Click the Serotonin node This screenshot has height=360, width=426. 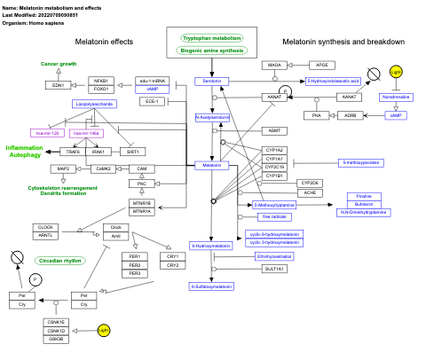[x=212, y=81]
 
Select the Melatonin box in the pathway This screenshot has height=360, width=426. [x=212, y=166]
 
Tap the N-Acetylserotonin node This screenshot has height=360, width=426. [x=212, y=117]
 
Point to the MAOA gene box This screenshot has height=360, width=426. [x=274, y=66]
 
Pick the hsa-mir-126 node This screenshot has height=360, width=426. [x=46, y=132]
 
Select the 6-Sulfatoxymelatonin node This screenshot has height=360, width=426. [x=211, y=286]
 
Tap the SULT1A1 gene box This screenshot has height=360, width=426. [x=274, y=268]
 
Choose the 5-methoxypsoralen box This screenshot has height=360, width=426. [x=362, y=163]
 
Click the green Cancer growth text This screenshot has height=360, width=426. [x=59, y=64]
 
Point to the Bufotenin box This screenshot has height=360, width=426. [x=363, y=204]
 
